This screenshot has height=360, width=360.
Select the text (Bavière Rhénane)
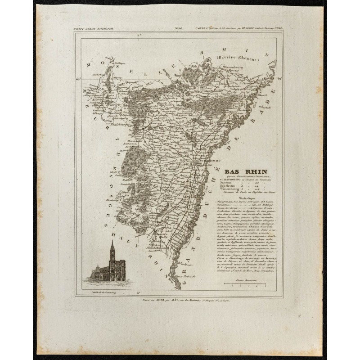pyautogui.click(x=235, y=58)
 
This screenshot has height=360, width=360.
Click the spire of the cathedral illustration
pyautogui.click(x=112, y=246)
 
